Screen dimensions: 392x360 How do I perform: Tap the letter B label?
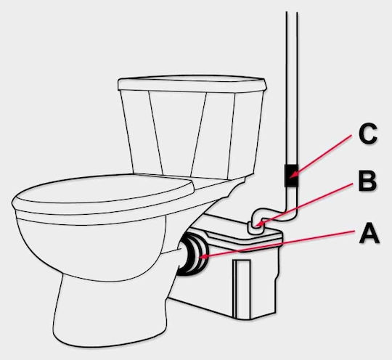pyautogui.click(x=367, y=181)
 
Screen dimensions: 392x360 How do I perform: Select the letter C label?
pyautogui.click(x=367, y=134)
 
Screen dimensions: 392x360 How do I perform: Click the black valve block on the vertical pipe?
pyautogui.click(x=291, y=176)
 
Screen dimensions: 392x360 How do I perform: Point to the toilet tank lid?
pyautogui.click(x=192, y=83)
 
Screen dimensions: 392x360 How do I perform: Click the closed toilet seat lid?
pyautogui.click(x=102, y=192)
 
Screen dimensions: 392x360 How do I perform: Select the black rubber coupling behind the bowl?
pyautogui.click(x=192, y=254)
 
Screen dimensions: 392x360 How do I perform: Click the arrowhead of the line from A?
pyautogui.click(x=202, y=256)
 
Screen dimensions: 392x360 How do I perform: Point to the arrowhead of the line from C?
pyautogui.click(x=292, y=175)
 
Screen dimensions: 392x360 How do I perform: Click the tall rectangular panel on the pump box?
pyautogui.click(x=242, y=290)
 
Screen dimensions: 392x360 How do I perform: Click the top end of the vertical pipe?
pyautogui.click(x=292, y=12)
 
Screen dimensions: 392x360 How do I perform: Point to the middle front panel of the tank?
pyautogui.click(x=178, y=134)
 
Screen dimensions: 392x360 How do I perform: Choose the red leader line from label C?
pyautogui.click(x=322, y=155)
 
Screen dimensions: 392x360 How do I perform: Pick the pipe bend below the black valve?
pyautogui.click(x=290, y=213)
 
